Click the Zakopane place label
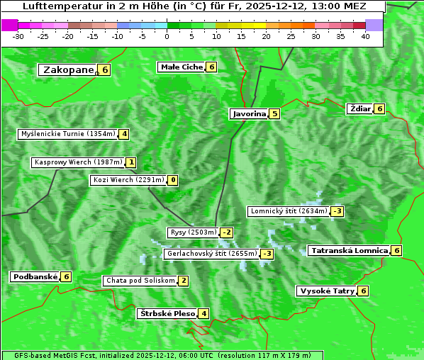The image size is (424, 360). click(x=68, y=69)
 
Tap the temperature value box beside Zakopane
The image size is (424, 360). click(x=105, y=69)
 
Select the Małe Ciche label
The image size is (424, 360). click(x=182, y=67)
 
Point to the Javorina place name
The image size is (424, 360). click(x=249, y=113)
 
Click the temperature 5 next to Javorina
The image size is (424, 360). click(x=274, y=113)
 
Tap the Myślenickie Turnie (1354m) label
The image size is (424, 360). click(x=67, y=134)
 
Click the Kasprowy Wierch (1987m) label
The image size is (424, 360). click(x=78, y=162)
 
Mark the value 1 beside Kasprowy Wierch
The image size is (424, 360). click(x=131, y=162)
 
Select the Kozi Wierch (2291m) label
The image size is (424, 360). click(x=128, y=180)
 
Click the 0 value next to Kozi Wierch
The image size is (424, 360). click(x=173, y=180)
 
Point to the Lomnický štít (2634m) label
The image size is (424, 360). click(x=289, y=211)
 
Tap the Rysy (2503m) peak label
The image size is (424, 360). click(x=193, y=232)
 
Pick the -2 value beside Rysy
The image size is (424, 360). click(x=226, y=232)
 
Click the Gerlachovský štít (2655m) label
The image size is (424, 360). click(x=211, y=254)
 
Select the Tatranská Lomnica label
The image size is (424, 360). click(x=349, y=250)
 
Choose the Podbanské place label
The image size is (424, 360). click(x=35, y=276)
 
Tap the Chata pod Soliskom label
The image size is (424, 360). click(x=140, y=281)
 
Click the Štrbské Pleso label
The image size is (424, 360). click(x=167, y=313)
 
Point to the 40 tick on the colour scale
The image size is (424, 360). click(x=365, y=36)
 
